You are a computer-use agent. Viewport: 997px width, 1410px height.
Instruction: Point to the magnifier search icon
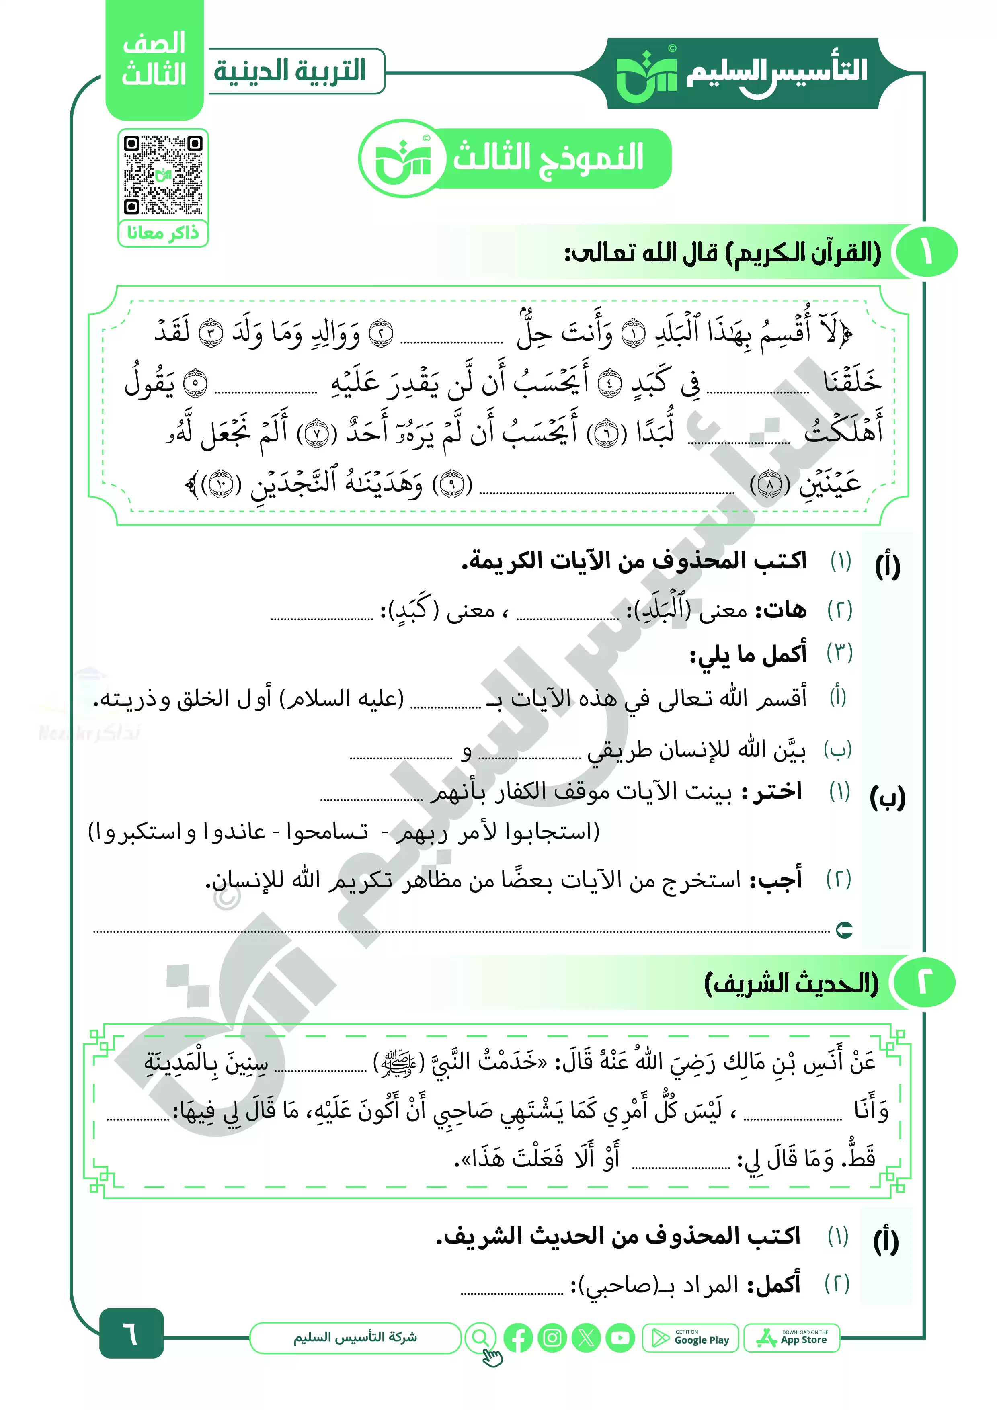[x=480, y=1338]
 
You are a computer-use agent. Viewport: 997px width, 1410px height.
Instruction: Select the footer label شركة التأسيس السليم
[x=355, y=1338]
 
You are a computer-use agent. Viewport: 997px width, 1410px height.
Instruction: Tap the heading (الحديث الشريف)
[x=791, y=984]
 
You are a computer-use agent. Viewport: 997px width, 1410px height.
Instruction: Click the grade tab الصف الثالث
[x=154, y=59]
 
